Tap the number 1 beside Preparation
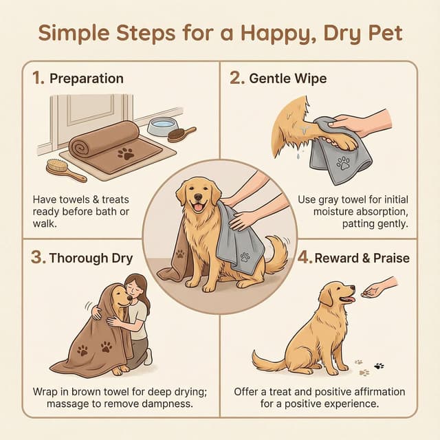click(x=38, y=78)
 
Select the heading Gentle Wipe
click(x=288, y=78)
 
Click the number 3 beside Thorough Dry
click(x=39, y=258)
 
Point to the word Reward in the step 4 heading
click(x=341, y=258)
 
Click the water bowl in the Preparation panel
click(x=159, y=126)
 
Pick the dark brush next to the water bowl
click(x=180, y=135)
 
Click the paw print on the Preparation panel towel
click(x=126, y=153)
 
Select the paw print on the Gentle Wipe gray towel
click(x=342, y=164)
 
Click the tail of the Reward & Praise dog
click(x=265, y=360)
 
